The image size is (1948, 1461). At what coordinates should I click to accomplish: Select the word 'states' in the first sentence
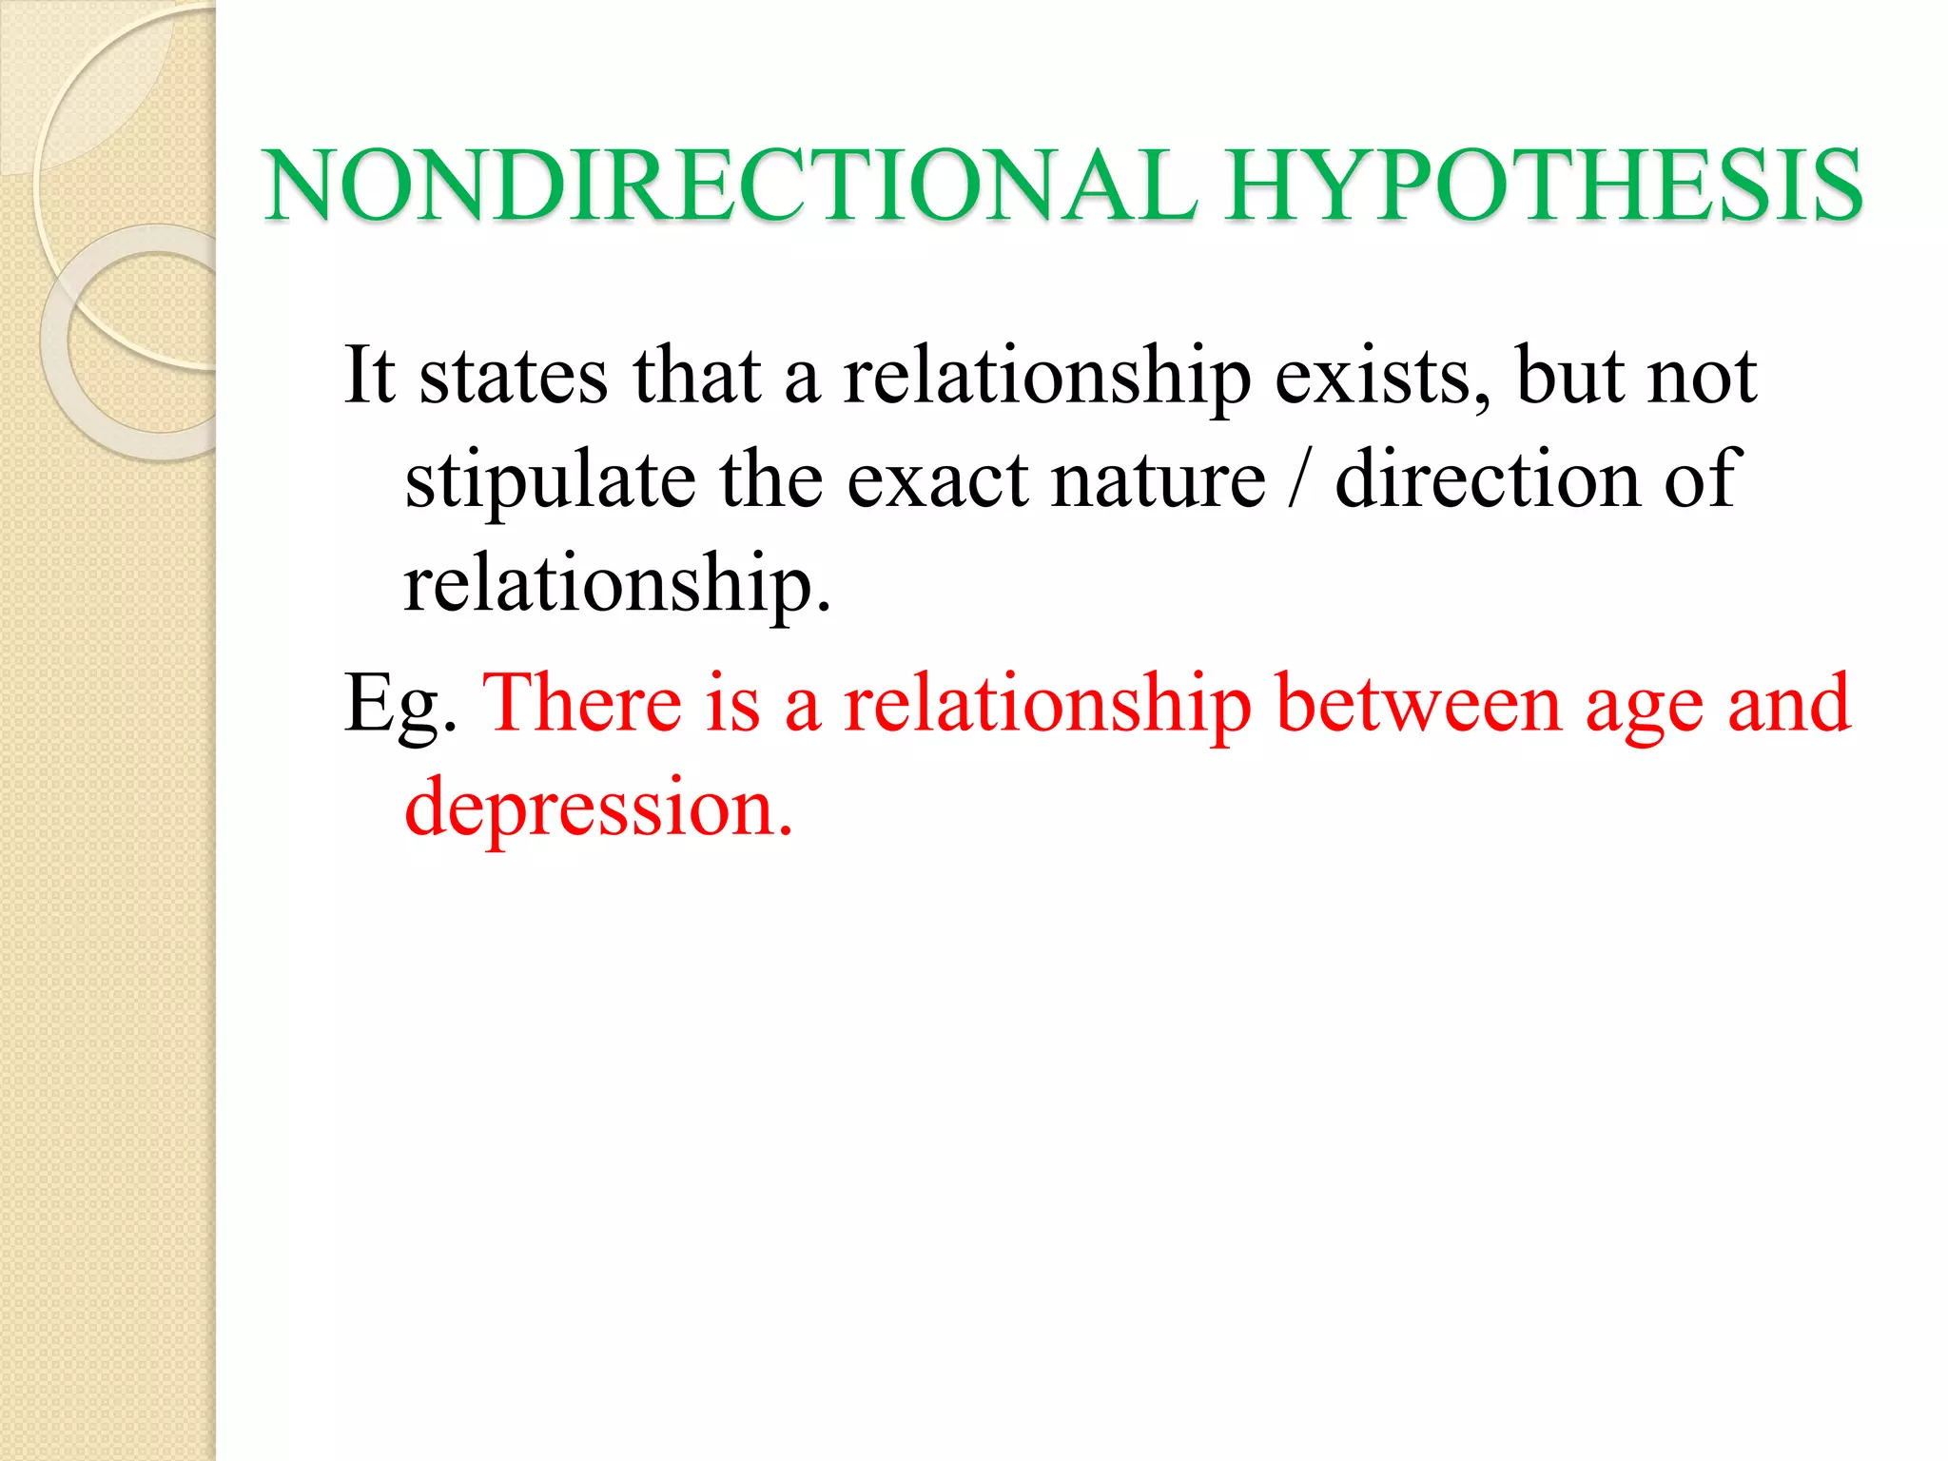[514, 377]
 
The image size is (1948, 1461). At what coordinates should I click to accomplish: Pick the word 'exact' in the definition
[937, 481]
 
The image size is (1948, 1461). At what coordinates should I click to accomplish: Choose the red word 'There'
[582, 704]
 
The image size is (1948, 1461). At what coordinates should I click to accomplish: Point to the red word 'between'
[1418, 704]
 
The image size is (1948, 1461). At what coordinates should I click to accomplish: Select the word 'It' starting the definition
[369, 375]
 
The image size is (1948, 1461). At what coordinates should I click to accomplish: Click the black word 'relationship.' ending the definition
[617, 586]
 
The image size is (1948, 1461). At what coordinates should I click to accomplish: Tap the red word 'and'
[1789, 704]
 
